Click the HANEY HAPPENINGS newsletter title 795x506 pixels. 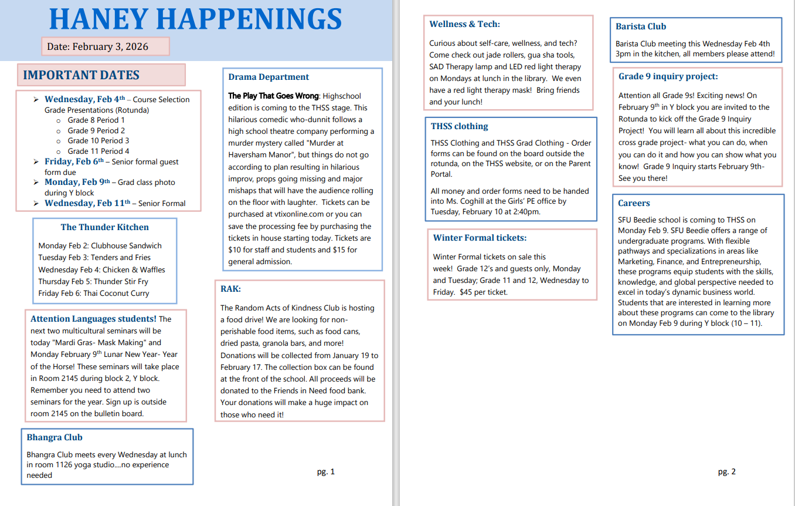tap(195, 19)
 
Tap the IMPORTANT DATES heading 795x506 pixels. tap(81, 75)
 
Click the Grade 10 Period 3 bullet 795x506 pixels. tap(98, 141)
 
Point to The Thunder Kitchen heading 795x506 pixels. tap(104, 227)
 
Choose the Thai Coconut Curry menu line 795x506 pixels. tap(94, 294)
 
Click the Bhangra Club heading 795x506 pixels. tap(55, 437)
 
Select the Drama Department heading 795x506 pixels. tap(269, 77)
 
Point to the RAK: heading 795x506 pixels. tap(230, 289)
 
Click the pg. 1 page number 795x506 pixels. tap(326, 471)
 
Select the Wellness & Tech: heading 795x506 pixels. tap(464, 24)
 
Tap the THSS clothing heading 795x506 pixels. tap(459, 126)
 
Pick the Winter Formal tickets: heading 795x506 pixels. tap(480, 238)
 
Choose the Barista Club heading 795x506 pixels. tap(641, 26)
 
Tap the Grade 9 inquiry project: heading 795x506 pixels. tap(668, 76)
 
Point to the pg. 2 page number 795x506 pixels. tap(726, 471)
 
